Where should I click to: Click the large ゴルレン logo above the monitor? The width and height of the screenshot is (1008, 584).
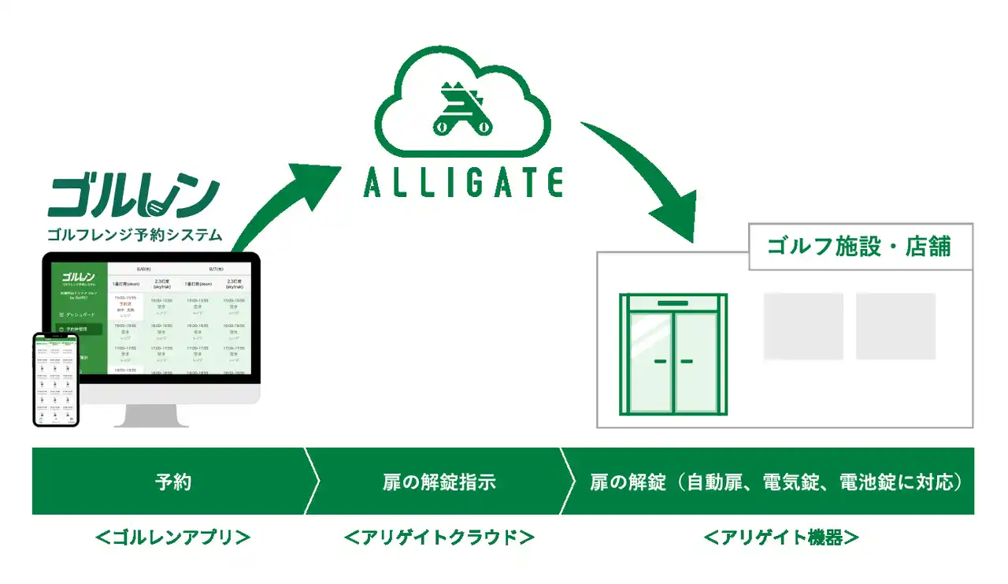[133, 196]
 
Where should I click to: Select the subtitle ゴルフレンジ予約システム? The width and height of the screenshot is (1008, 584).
[135, 234]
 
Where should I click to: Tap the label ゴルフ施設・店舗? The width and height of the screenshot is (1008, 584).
[859, 246]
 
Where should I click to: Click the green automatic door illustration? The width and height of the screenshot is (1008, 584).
[673, 354]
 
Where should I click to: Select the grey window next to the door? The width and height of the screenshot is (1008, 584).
[803, 326]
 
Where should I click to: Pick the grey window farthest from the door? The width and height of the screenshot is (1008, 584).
[895, 326]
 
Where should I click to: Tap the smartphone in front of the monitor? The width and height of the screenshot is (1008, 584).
[56, 379]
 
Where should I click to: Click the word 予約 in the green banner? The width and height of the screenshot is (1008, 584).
[172, 482]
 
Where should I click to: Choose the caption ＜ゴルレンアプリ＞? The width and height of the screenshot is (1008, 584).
[172, 538]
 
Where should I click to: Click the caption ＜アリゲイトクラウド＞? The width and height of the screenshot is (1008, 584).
[439, 538]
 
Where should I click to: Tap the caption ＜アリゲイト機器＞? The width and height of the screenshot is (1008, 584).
[780, 538]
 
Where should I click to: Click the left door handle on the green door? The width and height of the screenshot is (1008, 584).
[660, 362]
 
